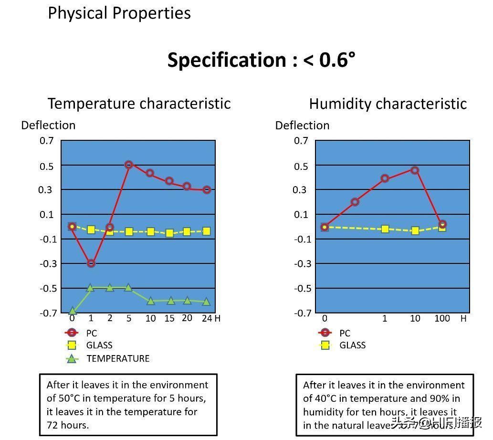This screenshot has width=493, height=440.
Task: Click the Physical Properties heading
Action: coord(119,13)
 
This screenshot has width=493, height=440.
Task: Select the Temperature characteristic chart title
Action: coord(139,104)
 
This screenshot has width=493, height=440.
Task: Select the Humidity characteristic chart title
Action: coord(388,104)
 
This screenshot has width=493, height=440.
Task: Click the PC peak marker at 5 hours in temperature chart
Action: coord(128,165)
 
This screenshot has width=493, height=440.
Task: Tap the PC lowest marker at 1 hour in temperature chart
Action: coord(91,263)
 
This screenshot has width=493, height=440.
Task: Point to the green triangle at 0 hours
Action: coord(73,311)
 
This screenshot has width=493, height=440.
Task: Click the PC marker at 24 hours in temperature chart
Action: coord(207,190)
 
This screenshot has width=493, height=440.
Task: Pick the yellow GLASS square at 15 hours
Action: coord(169,233)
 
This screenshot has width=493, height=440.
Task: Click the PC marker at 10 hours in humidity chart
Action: coord(415,170)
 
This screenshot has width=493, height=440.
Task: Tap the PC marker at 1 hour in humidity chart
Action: coord(385,178)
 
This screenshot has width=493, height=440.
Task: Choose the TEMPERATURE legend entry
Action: coord(117,358)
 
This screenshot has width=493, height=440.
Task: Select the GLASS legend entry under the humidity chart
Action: coord(352,345)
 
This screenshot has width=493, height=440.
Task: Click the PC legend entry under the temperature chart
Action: coord(91,333)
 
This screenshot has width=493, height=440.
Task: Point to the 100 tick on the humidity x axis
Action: coord(442,318)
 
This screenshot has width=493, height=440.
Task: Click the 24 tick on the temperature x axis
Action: coord(206,318)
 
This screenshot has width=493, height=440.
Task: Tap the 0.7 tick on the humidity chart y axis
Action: coord(301,140)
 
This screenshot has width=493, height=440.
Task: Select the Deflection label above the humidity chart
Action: coord(302,126)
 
